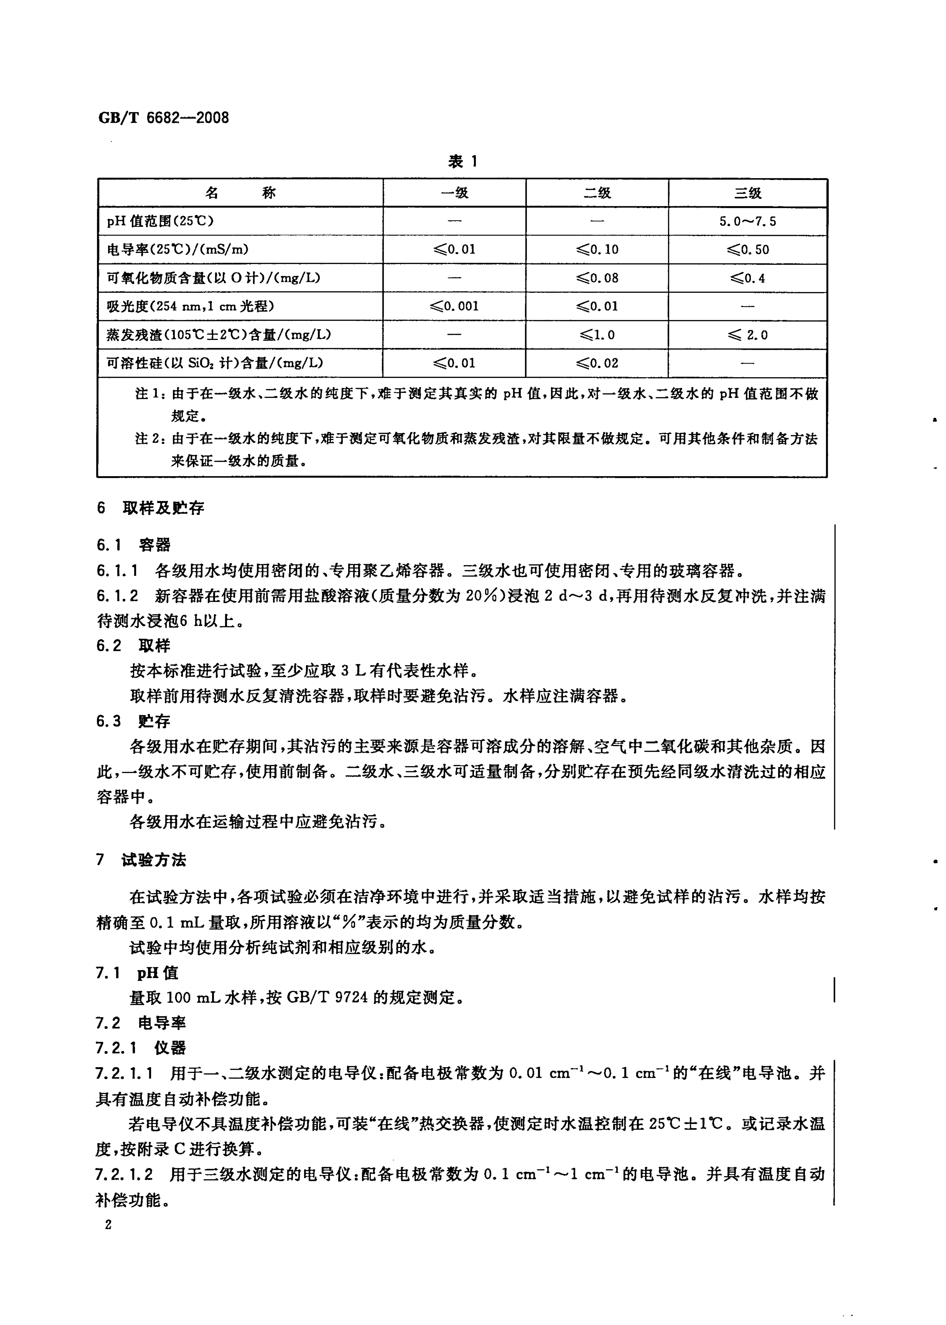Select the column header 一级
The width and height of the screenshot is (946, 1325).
(x=454, y=193)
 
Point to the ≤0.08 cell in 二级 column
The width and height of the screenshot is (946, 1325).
(x=597, y=278)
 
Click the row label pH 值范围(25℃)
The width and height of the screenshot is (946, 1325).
(x=160, y=222)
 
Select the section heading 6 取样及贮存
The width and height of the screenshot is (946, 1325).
(x=150, y=508)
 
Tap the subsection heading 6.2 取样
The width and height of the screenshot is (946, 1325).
(x=133, y=646)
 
